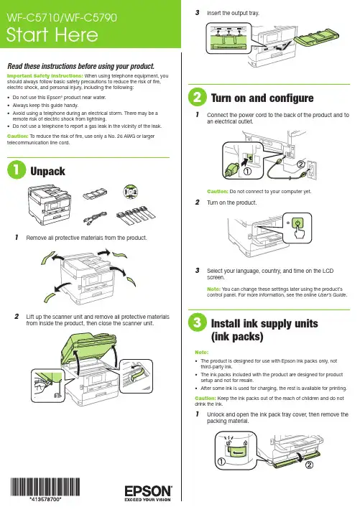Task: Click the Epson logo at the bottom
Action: click(x=148, y=493)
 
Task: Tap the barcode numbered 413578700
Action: click(x=45, y=487)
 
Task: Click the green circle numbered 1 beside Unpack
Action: click(x=17, y=169)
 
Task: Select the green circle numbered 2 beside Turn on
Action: click(x=198, y=97)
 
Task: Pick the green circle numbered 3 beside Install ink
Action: click(x=198, y=322)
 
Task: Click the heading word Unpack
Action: click(x=47, y=171)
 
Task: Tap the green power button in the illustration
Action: click(x=297, y=223)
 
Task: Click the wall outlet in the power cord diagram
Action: click(x=311, y=169)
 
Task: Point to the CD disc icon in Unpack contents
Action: click(x=130, y=192)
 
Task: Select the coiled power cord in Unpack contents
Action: click(x=95, y=216)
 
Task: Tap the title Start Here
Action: click(x=52, y=34)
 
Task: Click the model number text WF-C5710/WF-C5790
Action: click(x=61, y=17)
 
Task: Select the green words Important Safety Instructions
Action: click(x=45, y=75)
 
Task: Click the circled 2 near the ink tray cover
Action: click(x=309, y=465)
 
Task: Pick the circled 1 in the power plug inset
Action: click(x=248, y=171)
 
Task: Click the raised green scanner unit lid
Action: click(x=90, y=348)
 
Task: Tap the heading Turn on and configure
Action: click(x=262, y=98)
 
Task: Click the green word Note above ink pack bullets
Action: click(x=201, y=353)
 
